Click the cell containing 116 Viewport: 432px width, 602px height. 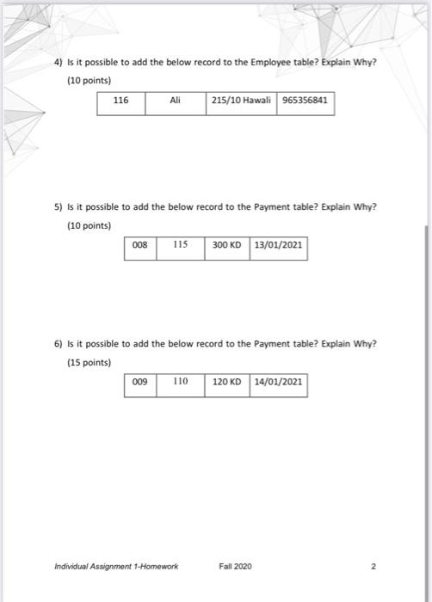coord(120,101)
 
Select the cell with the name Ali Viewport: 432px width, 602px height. coord(175,101)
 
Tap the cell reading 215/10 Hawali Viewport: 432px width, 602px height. coord(241,101)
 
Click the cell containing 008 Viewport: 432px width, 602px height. coord(140,245)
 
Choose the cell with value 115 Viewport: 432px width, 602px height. coord(180,245)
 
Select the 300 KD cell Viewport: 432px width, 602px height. coord(226,245)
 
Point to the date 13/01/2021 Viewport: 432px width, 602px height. coord(277,245)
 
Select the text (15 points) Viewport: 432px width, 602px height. coord(89,362)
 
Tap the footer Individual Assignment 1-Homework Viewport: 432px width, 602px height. coord(116,567)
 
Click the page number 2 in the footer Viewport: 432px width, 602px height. coord(373,567)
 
